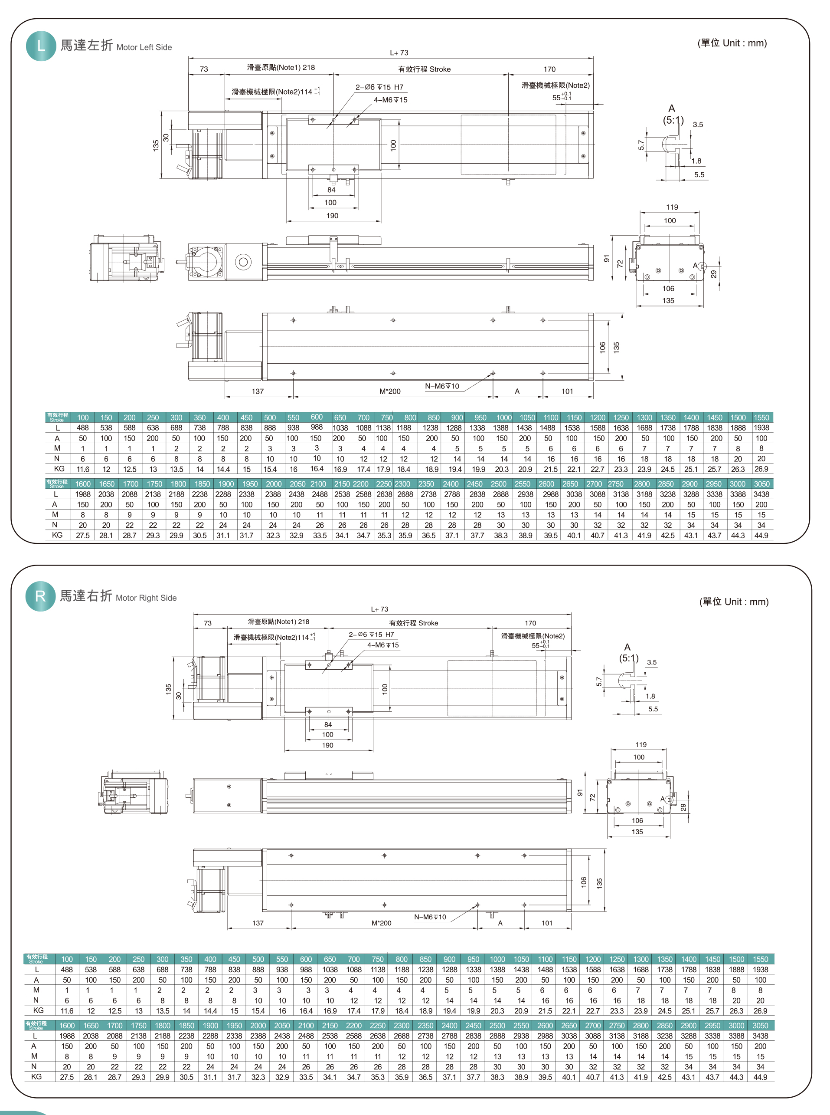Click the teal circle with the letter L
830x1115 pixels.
(41, 46)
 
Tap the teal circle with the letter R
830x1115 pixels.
(40, 596)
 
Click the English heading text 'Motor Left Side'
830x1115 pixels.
(144, 47)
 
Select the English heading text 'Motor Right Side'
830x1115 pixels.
(146, 598)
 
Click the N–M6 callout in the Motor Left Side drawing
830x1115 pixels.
(442, 386)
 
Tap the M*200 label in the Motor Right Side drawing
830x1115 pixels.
(381, 923)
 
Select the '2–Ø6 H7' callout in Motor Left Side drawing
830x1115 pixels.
(379, 87)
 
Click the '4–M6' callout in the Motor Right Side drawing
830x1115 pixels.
(383, 645)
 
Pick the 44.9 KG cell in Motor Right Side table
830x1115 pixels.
(760, 1077)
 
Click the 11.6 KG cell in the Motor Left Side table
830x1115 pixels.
(83, 469)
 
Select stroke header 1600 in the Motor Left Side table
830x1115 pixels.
(83, 483)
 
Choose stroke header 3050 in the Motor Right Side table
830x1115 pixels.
(760, 1026)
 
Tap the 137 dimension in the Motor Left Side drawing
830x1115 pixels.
(258, 391)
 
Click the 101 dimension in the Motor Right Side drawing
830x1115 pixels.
(547, 923)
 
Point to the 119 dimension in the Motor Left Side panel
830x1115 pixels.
(672, 207)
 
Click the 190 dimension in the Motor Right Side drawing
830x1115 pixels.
(327, 745)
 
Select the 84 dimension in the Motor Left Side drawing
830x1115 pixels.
(331, 190)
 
